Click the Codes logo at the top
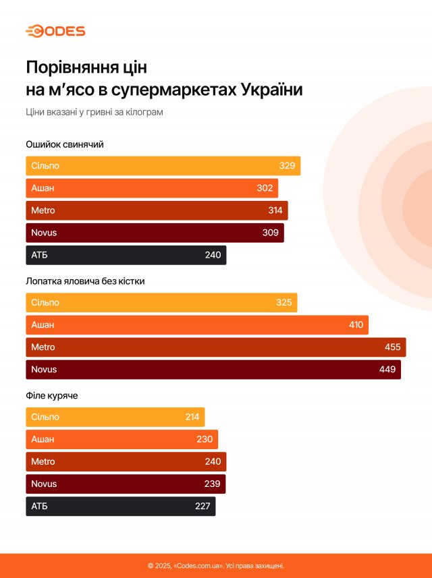(x=55, y=31)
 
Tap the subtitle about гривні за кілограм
(x=94, y=112)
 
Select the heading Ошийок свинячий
(x=65, y=144)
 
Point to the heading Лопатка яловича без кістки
(x=85, y=281)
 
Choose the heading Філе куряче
(x=52, y=395)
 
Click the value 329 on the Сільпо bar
(x=287, y=166)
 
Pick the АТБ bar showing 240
(x=126, y=255)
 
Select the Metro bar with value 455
(x=216, y=347)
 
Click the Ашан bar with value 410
(x=197, y=325)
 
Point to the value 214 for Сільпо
(x=192, y=417)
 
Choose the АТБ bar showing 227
(x=120, y=506)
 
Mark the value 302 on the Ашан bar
(x=265, y=188)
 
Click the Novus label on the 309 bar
(x=44, y=233)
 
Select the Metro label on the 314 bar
(x=43, y=210)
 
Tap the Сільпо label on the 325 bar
(x=45, y=303)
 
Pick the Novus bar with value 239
(x=126, y=484)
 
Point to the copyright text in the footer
(x=216, y=566)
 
